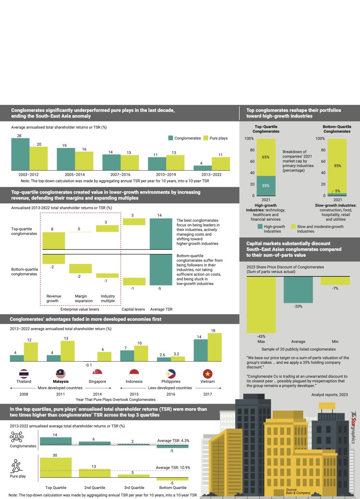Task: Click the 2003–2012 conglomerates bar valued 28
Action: coord(20,155)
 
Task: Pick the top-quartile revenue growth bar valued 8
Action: coord(54,241)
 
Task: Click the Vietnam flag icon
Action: coord(208,373)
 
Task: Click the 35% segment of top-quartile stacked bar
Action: coord(266,186)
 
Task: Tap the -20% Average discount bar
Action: coord(298,289)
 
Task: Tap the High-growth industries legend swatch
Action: coord(260,227)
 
